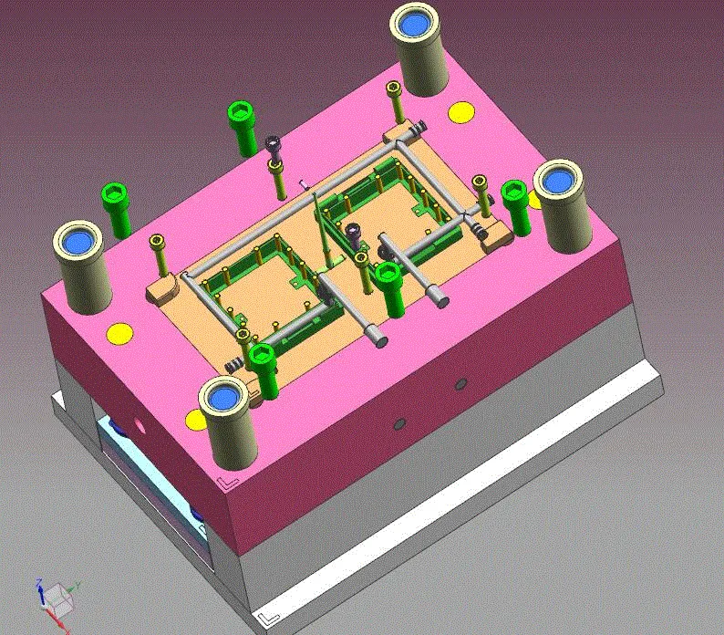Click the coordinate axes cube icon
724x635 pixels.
point(57,598)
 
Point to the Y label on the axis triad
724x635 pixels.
point(78,585)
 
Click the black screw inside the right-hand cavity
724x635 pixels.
point(353,234)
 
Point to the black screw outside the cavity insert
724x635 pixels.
point(273,144)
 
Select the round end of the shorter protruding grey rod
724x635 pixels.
point(441,297)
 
